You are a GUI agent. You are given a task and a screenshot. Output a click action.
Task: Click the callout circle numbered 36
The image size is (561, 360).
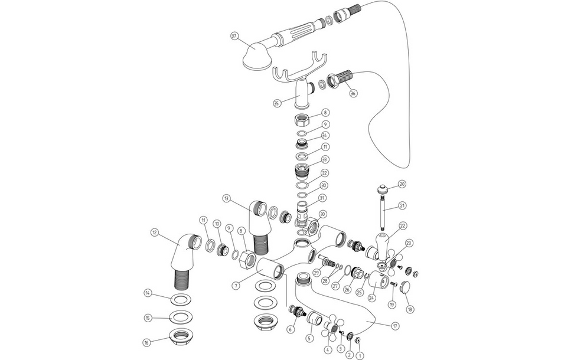pyautogui.click(x=353, y=93)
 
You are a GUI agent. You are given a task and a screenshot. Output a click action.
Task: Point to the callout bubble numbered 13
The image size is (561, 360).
pyautogui.click(x=227, y=198)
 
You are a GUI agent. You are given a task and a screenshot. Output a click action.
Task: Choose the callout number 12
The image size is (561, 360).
pyautogui.click(x=155, y=233)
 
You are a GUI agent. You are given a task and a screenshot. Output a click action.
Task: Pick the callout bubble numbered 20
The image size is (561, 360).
pyautogui.click(x=402, y=184)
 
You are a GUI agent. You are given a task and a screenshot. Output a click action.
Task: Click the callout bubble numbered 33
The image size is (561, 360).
pyautogui.click(x=324, y=159)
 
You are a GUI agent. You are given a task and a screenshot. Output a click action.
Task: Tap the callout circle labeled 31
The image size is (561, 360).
pyautogui.click(x=322, y=198)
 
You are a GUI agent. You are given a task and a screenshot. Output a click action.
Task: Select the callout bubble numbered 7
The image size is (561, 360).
pyautogui.click(x=236, y=286)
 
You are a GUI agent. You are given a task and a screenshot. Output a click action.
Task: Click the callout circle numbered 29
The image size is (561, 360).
pyautogui.click(x=317, y=272)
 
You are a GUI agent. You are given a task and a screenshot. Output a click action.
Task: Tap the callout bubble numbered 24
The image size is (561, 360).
pyautogui.click(x=371, y=297)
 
